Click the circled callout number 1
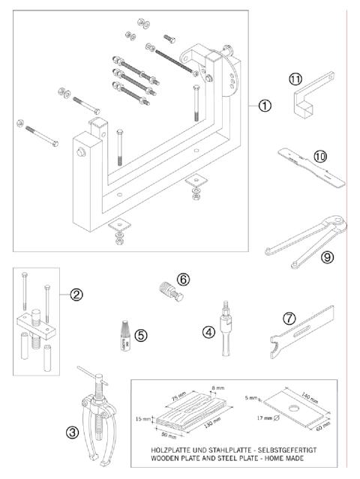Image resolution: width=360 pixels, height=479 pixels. (x=265, y=106)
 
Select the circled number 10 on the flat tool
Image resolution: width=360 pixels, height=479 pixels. (x=321, y=157)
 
